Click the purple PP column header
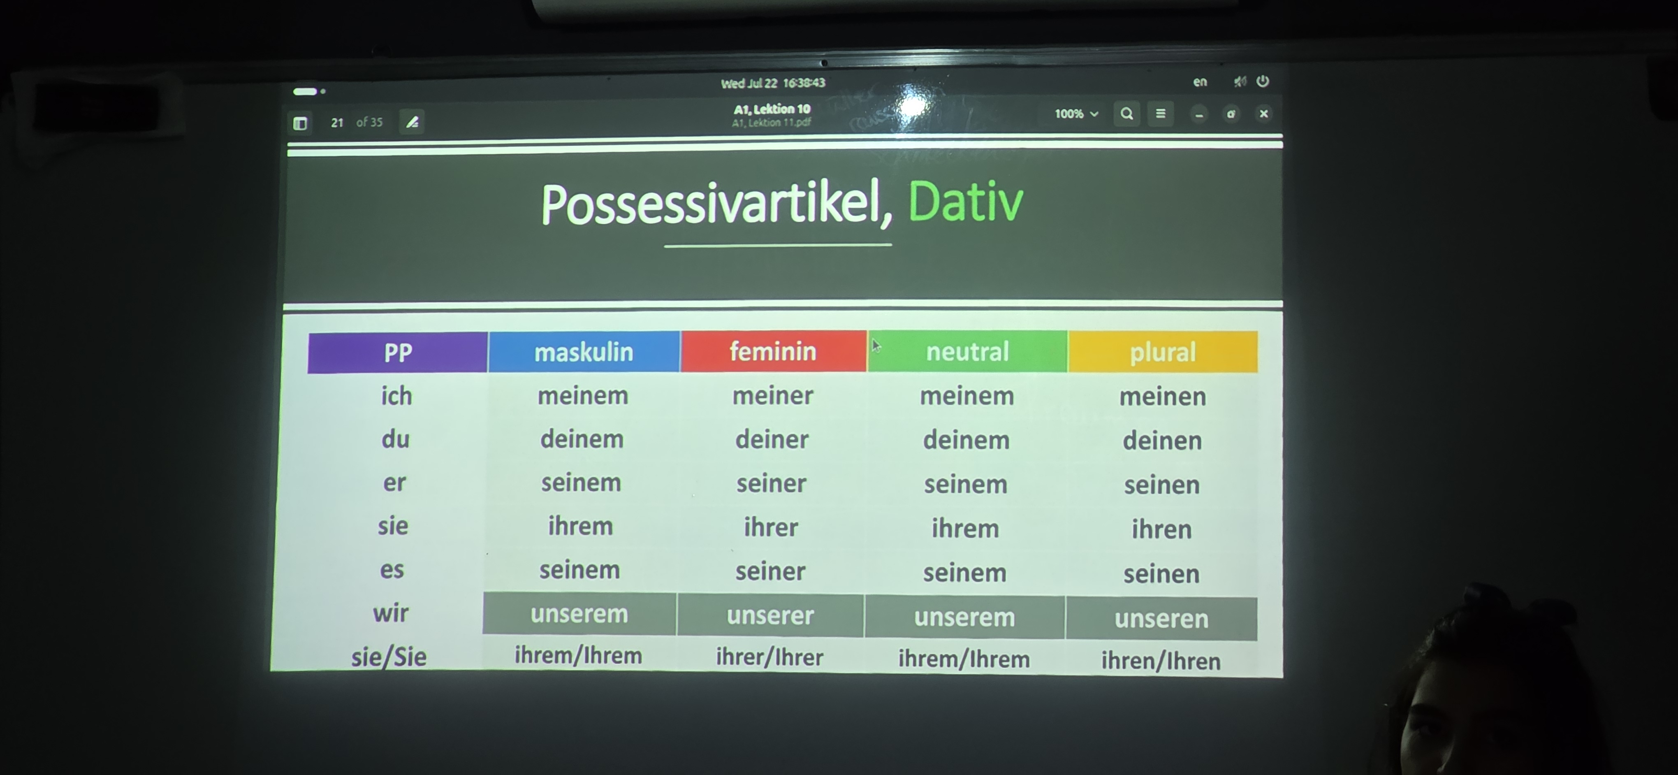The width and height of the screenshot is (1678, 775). click(x=397, y=353)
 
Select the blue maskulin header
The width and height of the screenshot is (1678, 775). click(x=584, y=352)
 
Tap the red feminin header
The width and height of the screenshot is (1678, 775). click(x=773, y=351)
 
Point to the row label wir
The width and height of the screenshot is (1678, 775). click(x=391, y=613)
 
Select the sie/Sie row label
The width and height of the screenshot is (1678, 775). click(x=389, y=657)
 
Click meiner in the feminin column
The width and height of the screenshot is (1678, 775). click(x=772, y=395)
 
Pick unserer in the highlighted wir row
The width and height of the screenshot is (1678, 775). click(x=771, y=615)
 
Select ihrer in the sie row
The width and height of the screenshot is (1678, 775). click(x=771, y=527)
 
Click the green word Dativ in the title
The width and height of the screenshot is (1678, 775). click(x=965, y=202)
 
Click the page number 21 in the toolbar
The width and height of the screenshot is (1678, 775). click(x=337, y=123)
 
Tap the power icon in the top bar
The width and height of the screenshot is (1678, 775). click(x=1263, y=81)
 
